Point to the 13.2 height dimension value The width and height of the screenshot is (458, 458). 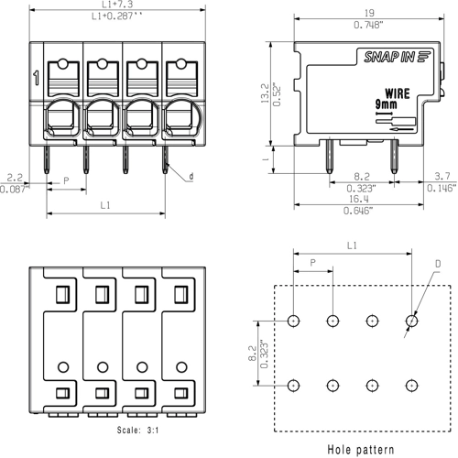[x=266, y=92]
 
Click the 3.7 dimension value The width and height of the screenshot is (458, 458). [x=441, y=176]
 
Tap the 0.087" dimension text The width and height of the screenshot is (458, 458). [x=14, y=188]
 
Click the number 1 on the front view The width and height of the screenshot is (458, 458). [x=36, y=79]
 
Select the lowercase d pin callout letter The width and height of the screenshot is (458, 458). [x=191, y=176]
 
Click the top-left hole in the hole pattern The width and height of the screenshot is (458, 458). [x=293, y=322]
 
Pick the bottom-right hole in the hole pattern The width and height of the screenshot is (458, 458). [x=411, y=385]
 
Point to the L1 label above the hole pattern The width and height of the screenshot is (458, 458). [x=352, y=246]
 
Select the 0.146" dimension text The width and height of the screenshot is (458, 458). [x=441, y=188]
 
